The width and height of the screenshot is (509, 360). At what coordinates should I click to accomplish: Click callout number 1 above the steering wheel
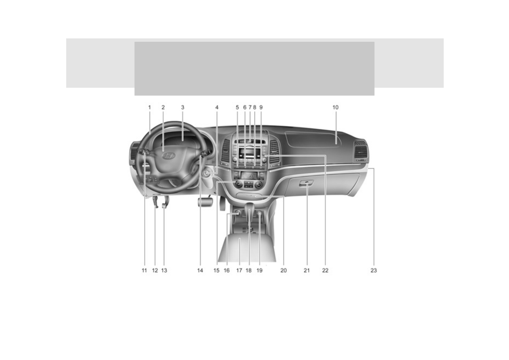point(149,107)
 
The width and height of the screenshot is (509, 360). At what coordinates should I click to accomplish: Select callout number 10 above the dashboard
point(336,107)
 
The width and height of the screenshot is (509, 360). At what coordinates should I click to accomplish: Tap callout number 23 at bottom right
point(374,270)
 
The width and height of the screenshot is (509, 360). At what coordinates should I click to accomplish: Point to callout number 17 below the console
point(239,270)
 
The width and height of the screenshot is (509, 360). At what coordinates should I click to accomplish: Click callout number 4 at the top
point(217,107)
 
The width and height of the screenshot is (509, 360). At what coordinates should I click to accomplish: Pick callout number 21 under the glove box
point(307,270)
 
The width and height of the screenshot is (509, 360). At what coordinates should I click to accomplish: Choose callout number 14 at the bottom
point(200,270)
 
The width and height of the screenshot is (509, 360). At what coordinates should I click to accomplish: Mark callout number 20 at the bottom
point(284,270)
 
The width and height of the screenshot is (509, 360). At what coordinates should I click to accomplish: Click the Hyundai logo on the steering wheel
point(168,156)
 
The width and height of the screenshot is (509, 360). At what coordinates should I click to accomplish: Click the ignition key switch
point(206,173)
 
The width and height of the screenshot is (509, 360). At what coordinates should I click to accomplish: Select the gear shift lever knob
point(249,207)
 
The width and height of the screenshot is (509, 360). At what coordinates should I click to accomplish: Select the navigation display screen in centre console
point(248,175)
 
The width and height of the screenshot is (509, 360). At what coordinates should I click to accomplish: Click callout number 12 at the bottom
point(155,270)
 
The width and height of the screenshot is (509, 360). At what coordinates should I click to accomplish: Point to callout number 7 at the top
point(250,107)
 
